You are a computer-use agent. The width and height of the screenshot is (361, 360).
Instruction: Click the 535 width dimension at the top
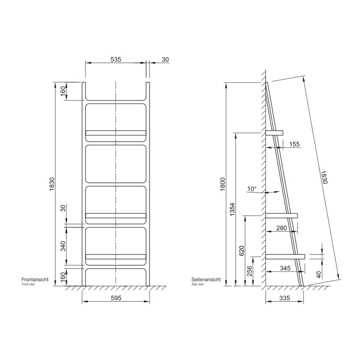tap(116, 59)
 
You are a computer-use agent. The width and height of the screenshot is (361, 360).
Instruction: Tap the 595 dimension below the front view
tap(116, 298)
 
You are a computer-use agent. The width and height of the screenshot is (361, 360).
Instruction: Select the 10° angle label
tap(252, 189)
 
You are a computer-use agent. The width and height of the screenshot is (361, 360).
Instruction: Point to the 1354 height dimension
tap(232, 209)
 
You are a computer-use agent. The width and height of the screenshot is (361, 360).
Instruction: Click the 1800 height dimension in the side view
tap(223, 184)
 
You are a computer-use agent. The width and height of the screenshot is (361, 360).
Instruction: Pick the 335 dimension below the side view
tap(285, 298)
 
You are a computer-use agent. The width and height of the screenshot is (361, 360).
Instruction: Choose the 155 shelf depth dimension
tap(294, 144)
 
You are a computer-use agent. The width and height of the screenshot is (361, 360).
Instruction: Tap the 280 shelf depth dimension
tap(282, 228)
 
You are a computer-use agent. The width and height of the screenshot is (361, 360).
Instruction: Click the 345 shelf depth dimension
tap(285, 268)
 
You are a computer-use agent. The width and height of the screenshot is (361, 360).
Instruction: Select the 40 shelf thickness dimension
tap(318, 275)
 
